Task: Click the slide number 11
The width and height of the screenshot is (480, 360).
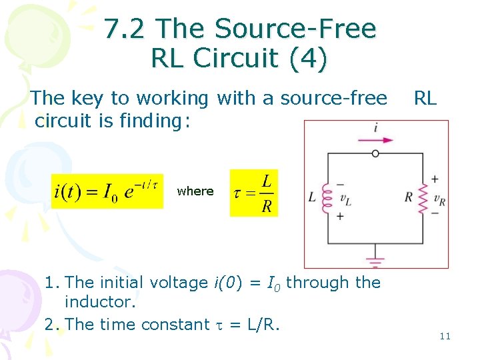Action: tap(445, 336)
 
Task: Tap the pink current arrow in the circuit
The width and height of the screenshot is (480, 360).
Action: tap(375, 140)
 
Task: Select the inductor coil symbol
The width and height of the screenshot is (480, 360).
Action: tap(327, 197)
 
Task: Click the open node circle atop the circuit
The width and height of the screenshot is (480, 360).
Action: tap(375, 153)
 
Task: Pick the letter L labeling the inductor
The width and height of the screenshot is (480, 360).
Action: tap(312, 197)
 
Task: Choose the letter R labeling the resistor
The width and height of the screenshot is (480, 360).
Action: tap(409, 197)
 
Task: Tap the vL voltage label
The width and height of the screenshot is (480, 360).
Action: tap(345, 198)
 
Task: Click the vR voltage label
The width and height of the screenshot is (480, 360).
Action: tap(439, 197)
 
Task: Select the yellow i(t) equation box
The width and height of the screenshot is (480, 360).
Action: tap(107, 191)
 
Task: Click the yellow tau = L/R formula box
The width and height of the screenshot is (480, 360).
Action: tap(254, 193)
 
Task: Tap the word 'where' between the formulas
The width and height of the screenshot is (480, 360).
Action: tap(195, 191)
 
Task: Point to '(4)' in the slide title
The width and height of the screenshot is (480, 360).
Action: tap(307, 59)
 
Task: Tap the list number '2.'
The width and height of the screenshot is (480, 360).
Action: tap(53, 325)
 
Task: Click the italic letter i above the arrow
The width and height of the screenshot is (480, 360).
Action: tap(375, 127)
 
